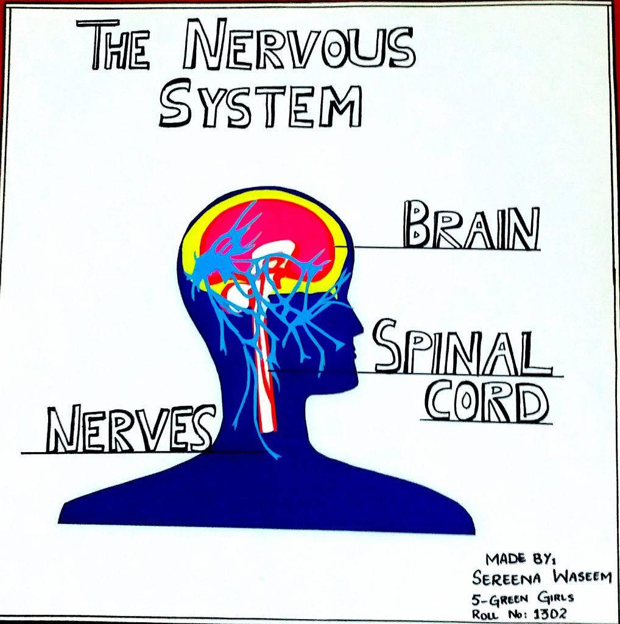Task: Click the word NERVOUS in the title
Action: coord(299,46)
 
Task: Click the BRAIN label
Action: coord(471,228)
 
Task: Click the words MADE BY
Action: coord(514,559)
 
